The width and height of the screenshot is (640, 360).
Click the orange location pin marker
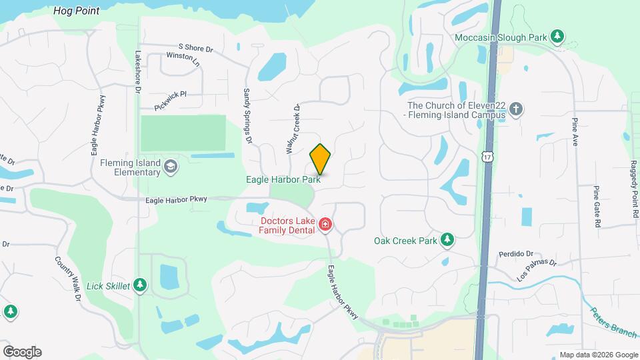321,159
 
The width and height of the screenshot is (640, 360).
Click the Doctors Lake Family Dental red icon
325,225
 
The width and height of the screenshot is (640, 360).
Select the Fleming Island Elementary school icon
171,166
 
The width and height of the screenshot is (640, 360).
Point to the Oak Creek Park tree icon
448,240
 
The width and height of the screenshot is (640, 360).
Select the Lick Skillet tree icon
139,286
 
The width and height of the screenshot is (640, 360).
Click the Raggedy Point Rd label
635,190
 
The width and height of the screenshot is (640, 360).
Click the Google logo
22,351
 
